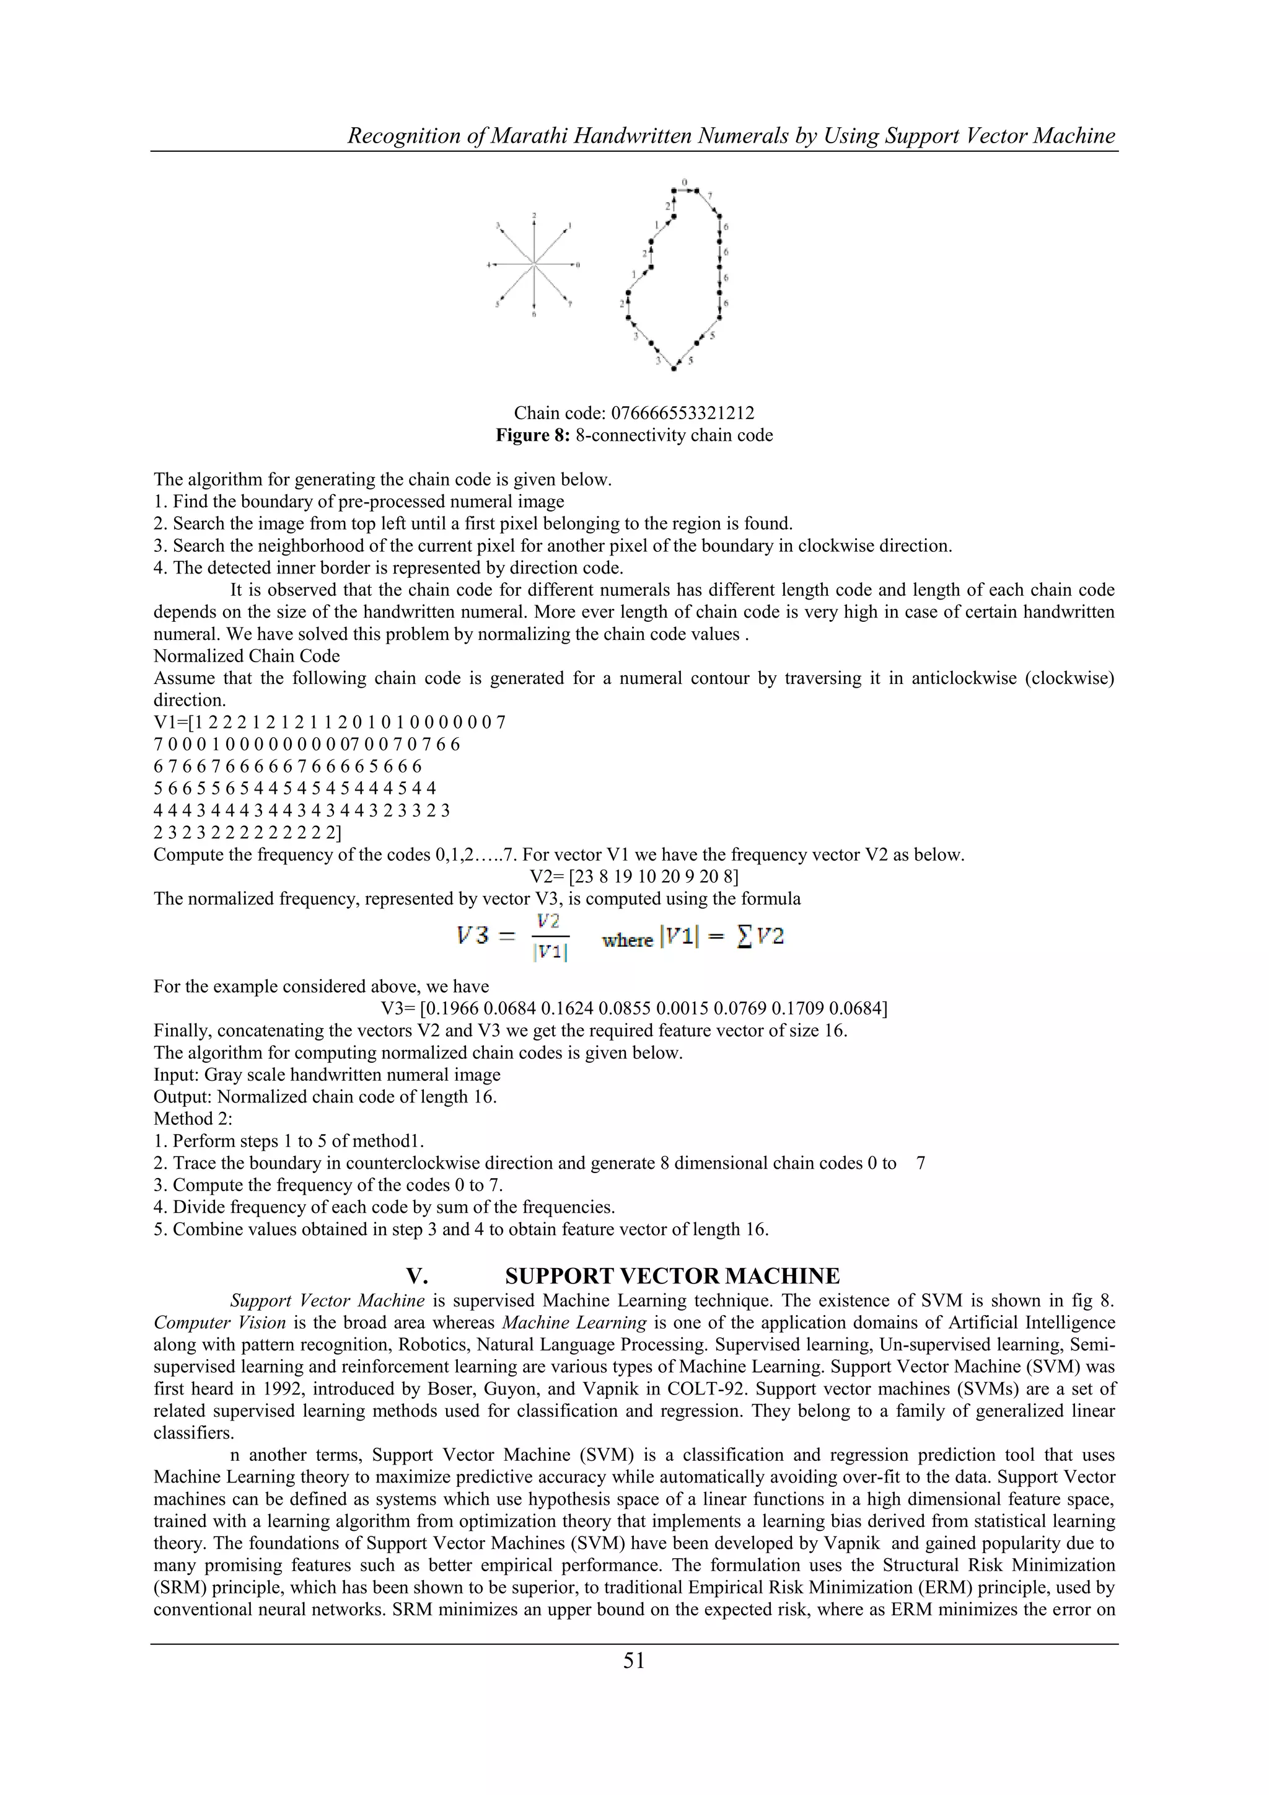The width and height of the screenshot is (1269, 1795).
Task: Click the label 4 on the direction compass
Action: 488,265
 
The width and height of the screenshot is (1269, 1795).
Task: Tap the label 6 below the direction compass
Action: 534,314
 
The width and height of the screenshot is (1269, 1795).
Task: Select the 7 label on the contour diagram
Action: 709,195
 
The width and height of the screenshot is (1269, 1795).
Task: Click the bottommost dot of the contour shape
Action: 674,368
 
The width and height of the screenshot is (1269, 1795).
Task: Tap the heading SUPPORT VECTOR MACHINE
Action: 672,1277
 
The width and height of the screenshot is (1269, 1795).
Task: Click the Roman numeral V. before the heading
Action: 416,1277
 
